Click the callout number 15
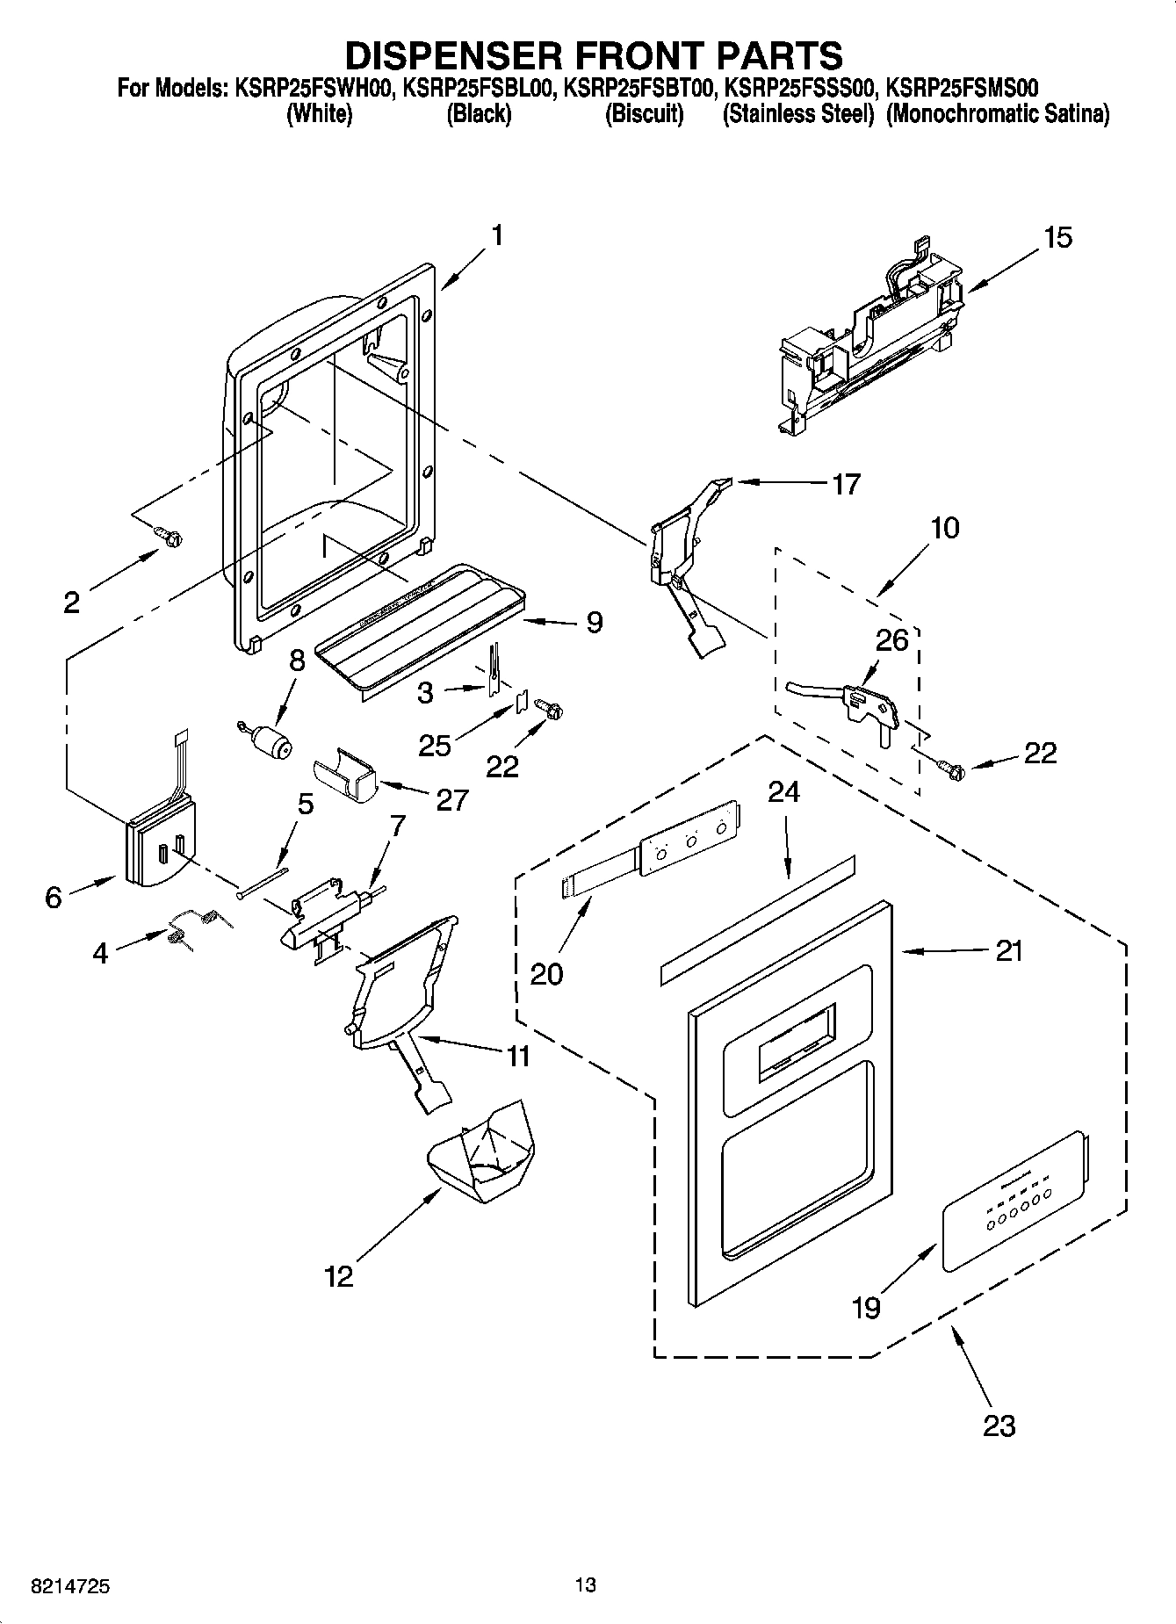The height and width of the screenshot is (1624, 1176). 1058,237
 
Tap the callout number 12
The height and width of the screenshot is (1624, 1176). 339,1276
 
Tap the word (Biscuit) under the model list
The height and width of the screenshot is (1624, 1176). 644,114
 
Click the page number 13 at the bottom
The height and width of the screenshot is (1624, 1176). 586,1584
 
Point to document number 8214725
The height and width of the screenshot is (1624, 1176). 70,1586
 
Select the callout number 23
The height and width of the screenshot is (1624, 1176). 999,1425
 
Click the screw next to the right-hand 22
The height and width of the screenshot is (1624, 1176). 953,770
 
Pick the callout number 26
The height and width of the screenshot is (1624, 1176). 891,639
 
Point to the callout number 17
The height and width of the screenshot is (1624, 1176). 846,484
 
